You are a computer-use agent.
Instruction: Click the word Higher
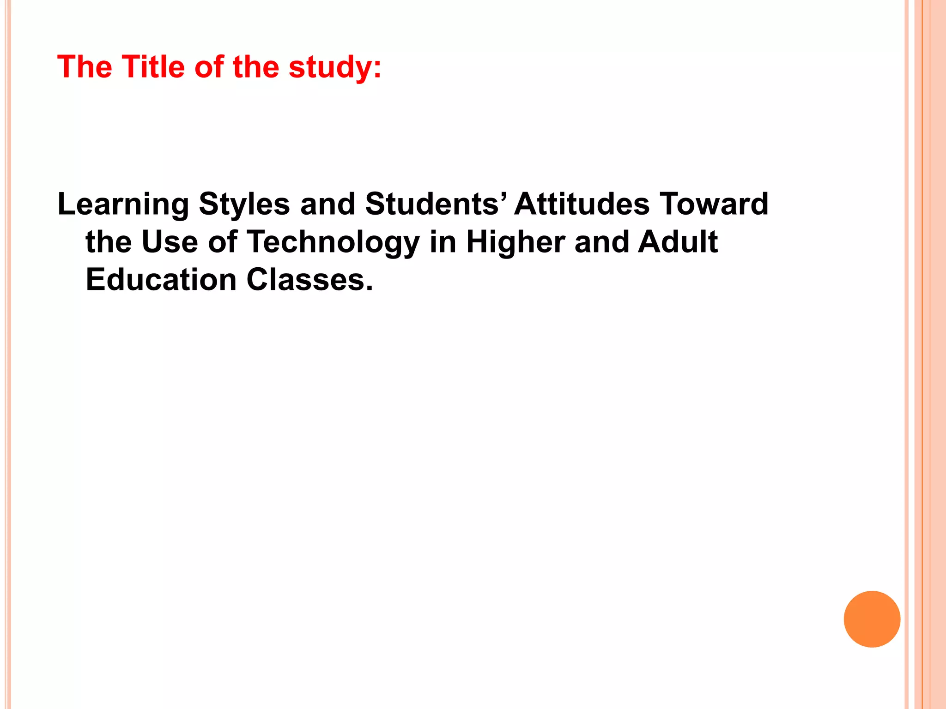tap(515, 242)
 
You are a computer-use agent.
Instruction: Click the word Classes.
tap(309, 280)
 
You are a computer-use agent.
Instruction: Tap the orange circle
tap(872, 619)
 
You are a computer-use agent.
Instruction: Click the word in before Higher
tap(443, 242)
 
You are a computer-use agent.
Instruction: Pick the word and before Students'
tap(327, 204)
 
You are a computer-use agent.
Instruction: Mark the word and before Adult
tap(601, 242)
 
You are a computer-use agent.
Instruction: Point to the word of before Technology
tap(223, 242)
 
